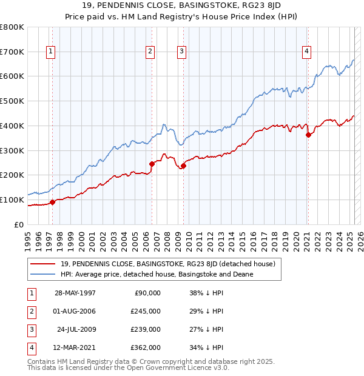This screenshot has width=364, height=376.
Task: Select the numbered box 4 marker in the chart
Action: click(x=308, y=52)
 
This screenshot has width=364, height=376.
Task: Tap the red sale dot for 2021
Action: click(x=309, y=135)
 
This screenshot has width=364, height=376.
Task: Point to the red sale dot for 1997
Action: click(x=53, y=202)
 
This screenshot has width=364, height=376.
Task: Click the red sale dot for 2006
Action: click(x=152, y=163)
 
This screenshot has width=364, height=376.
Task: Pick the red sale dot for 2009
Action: click(x=183, y=165)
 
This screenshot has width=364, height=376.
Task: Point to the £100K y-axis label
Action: click(x=12, y=200)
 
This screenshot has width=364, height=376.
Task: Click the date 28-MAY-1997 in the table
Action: click(x=75, y=293)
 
